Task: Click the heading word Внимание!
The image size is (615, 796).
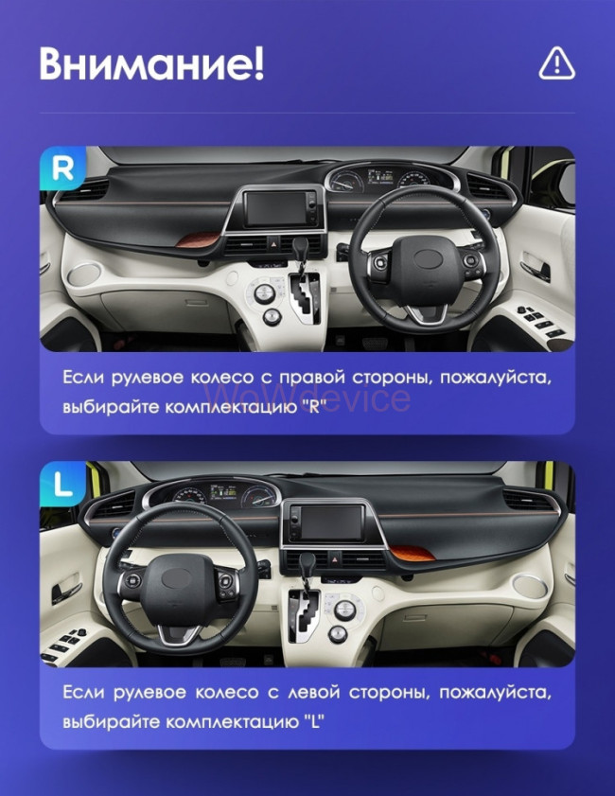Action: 151,62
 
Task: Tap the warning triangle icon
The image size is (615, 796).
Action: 556,62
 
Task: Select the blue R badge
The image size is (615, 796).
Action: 62,169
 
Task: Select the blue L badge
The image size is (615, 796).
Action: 62,485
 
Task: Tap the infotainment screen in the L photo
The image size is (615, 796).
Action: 326,523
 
